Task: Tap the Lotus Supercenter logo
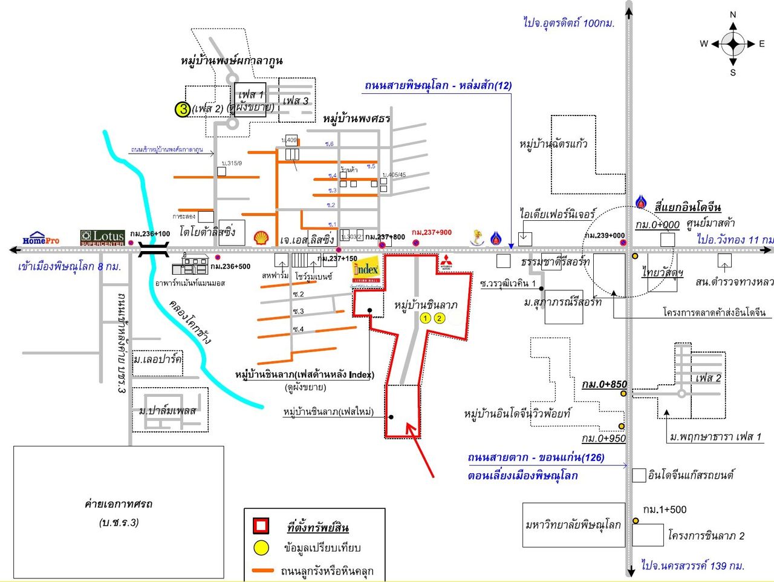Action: click(x=102, y=238)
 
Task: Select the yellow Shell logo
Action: click(x=261, y=237)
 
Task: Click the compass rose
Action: click(x=733, y=44)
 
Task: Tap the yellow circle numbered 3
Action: click(x=183, y=110)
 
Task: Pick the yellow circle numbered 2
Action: click(x=440, y=318)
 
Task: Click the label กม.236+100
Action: click(x=150, y=234)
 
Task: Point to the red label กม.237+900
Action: click(x=431, y=232)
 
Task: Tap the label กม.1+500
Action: click(x=665, y=509)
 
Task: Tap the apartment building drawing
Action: click(x=190, y=264)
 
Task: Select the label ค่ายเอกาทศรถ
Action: click(x=119, y=504)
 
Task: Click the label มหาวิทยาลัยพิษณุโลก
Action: click(x=573, y=525)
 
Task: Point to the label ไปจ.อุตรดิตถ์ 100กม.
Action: click(x=568, y=23)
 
